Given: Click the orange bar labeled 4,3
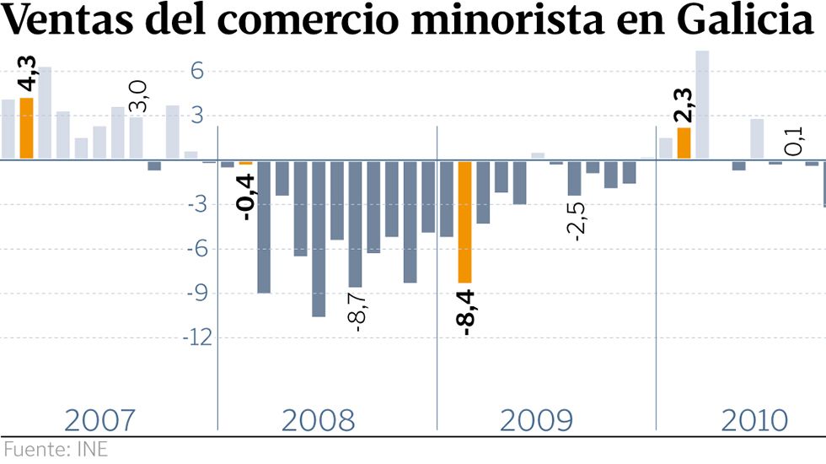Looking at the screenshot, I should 26,128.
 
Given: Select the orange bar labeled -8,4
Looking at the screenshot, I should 464,221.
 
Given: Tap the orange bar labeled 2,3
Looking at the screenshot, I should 684,143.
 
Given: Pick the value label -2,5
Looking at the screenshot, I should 578,221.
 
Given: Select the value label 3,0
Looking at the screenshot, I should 139,96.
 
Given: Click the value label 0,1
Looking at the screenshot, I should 794,142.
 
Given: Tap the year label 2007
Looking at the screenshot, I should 100,419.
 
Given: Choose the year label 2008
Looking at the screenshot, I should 319,419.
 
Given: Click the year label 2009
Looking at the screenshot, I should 537,419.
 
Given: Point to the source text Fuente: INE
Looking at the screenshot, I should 55,449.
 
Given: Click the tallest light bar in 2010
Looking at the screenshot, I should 701,105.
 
